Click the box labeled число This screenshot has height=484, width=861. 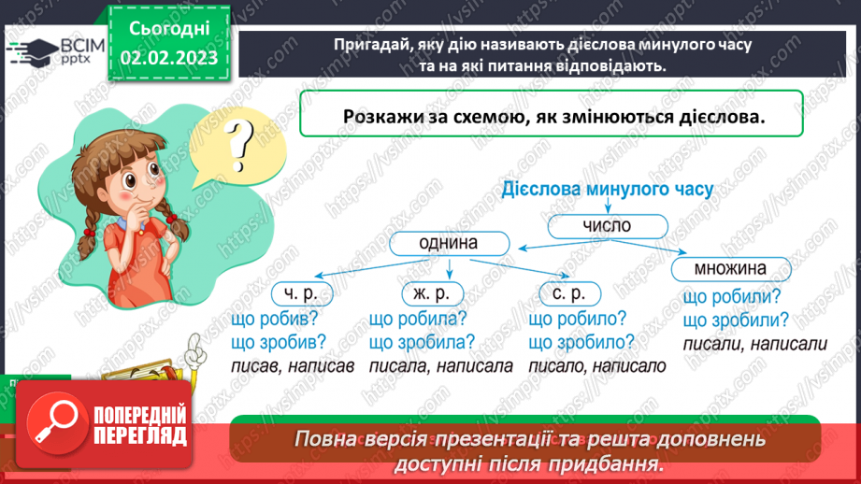[608, 225]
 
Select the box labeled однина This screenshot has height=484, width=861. [450, 243]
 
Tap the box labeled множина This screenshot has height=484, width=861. [730, 270]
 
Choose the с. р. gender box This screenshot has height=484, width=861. [568, 293]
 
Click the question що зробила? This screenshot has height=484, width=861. [422, 342]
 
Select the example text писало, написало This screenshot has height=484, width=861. [596, 365]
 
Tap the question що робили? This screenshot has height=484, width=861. [732, 297]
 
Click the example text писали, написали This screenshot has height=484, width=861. [754, 344]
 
